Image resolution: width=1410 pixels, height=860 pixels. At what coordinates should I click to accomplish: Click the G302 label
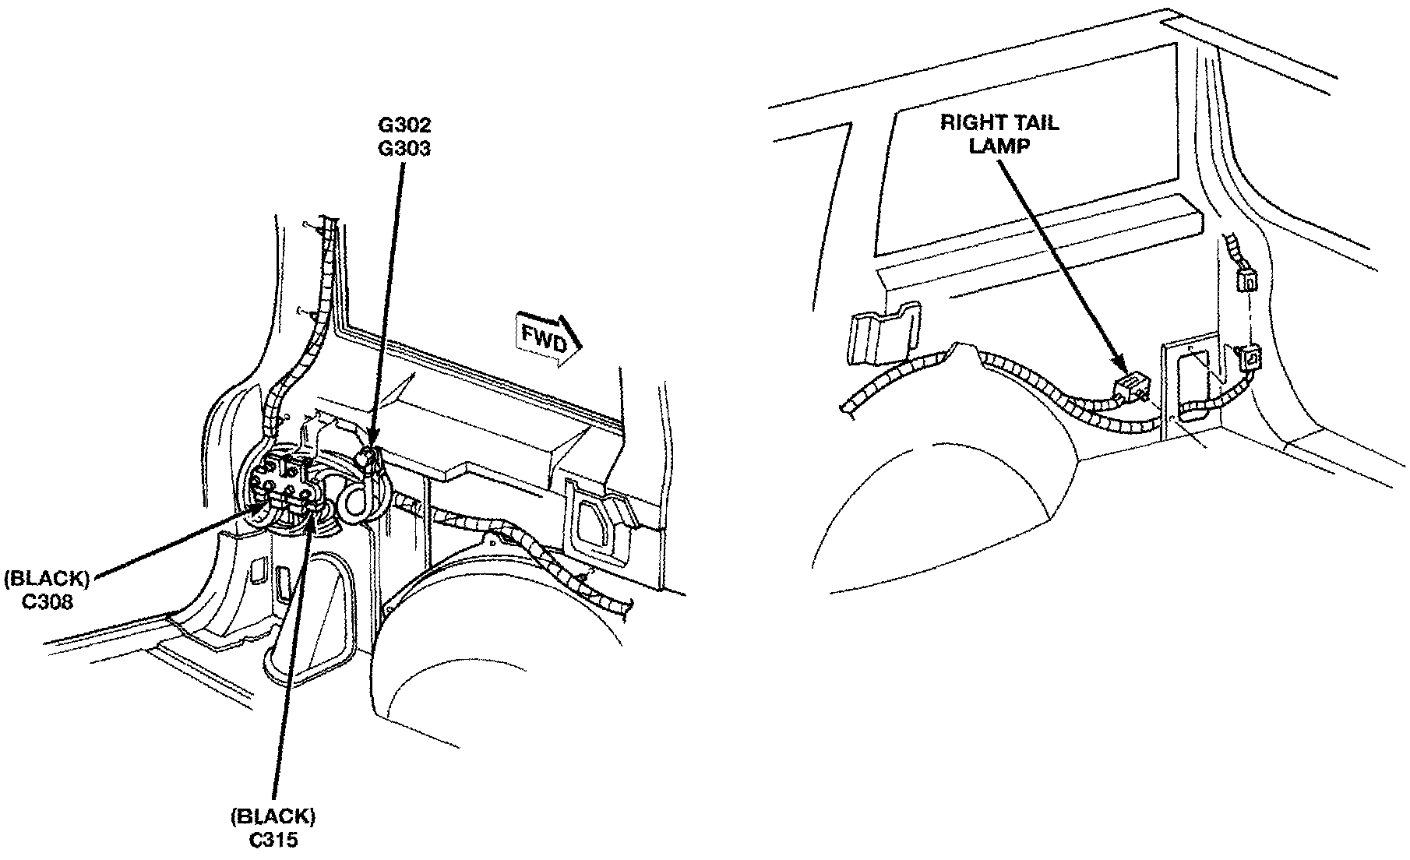coord(404,125)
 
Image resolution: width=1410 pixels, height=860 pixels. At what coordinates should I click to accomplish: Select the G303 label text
coord(404,147)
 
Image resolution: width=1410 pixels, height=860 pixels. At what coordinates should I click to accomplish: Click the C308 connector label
coord(48,601)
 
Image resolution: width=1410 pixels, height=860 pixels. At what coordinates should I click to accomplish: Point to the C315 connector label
coord(273,841)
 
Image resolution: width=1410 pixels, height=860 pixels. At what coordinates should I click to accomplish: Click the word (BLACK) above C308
coord(47,579)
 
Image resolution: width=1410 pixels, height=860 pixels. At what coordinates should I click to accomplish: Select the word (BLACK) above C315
coord(273,817)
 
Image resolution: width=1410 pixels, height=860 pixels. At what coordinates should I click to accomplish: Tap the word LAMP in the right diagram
coord(999,146)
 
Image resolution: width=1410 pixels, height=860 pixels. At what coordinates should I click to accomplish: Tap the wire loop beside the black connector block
coord(355,502)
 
